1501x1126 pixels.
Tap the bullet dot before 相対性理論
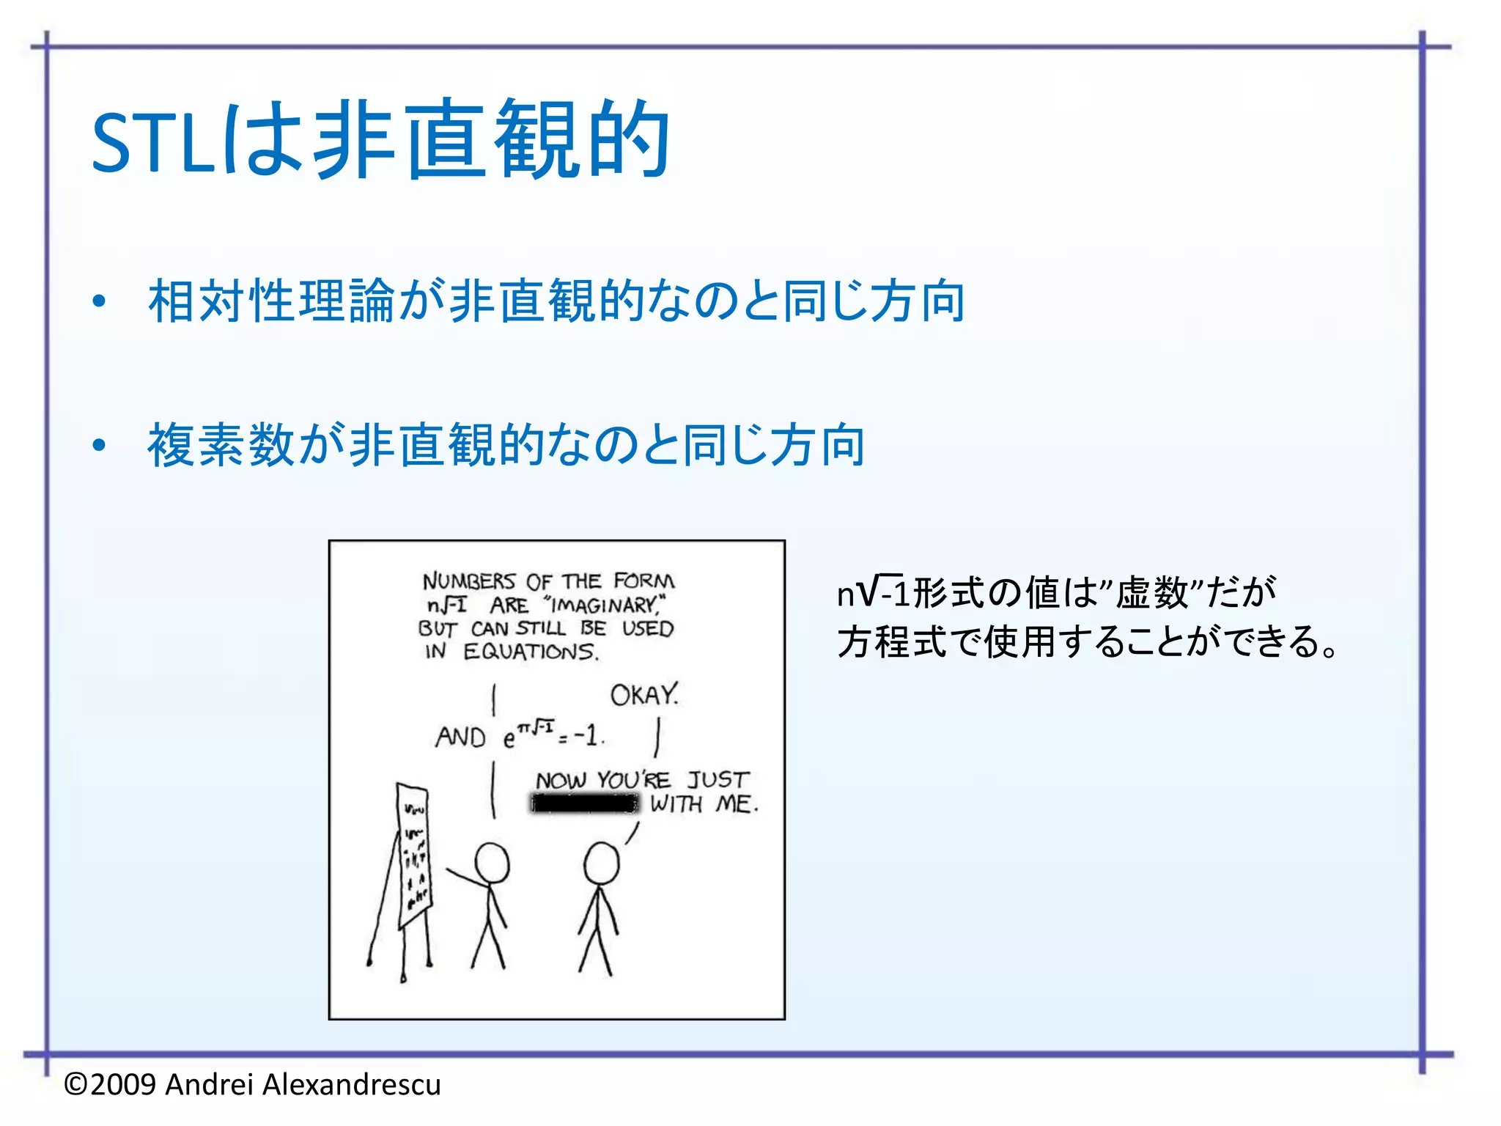tap(100, 302)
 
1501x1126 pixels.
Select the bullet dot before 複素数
tap(100, 446)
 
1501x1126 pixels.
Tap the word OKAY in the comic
tap(644, 695)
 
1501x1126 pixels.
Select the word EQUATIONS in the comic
tap(531, 651)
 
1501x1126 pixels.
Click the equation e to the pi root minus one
tap(553, 735)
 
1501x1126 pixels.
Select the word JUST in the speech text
tap(718, 780)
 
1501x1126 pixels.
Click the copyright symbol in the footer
tap(75, 1084)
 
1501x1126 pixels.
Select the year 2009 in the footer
tap(123, 1084)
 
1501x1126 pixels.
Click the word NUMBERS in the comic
tap(469, 582)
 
